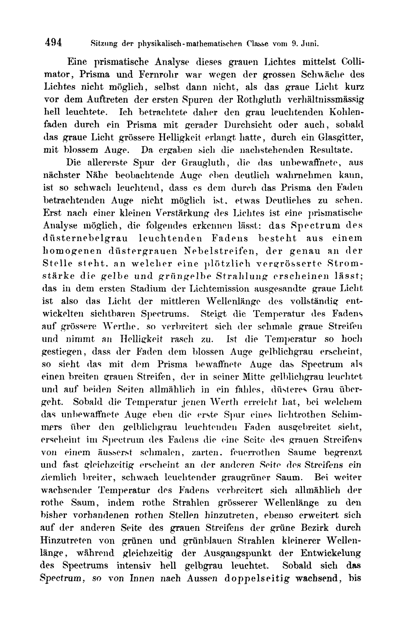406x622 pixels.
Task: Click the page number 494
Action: [x=53, y=42]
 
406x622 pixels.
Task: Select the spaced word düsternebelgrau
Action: [x=88, y=238]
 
